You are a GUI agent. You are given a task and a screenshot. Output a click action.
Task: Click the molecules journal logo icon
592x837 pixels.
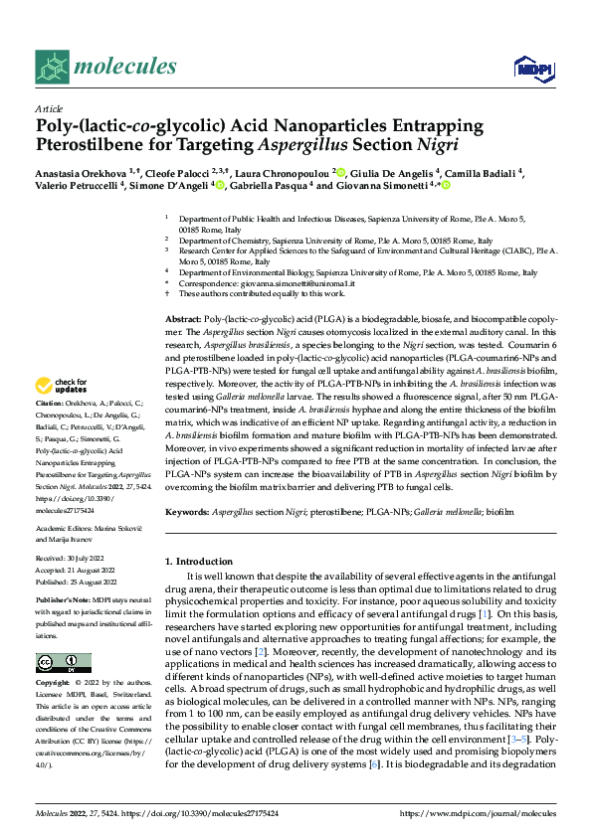[52, 67]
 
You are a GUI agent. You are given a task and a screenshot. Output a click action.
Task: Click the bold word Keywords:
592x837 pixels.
[189, 511]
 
